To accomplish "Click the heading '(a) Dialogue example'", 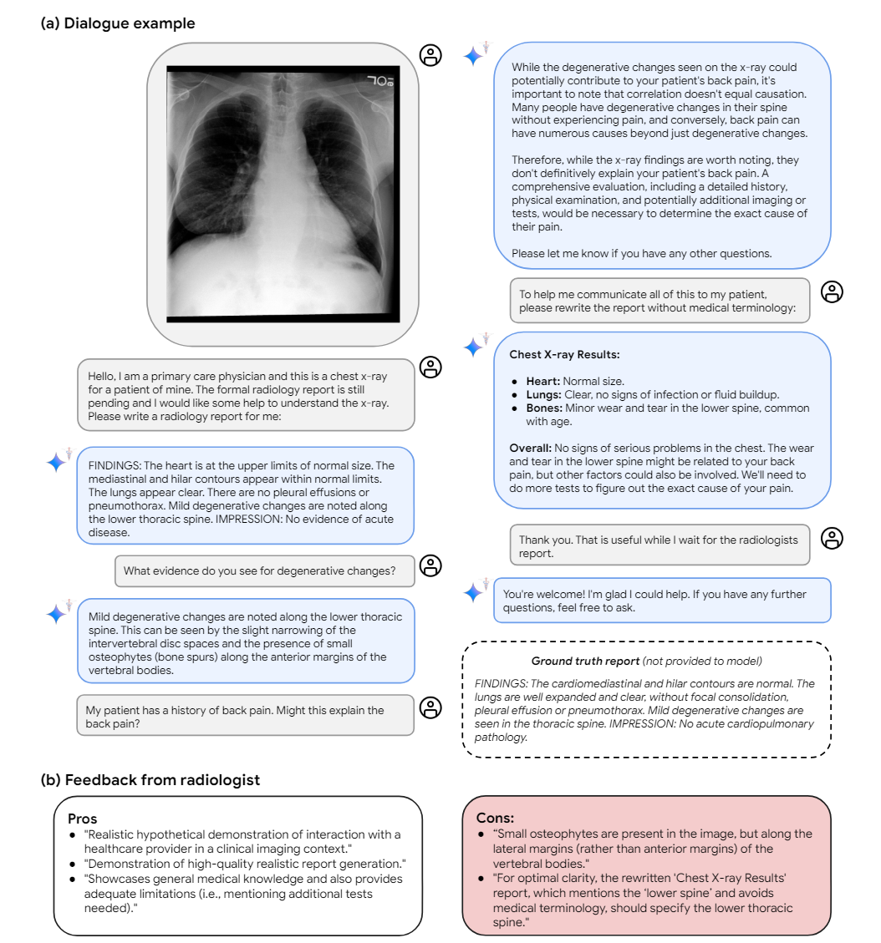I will tap(118, 23).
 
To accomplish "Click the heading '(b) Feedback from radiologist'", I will tap(150, 780).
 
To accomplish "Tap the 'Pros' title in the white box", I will tap(83, 819).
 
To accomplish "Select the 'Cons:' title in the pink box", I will tap(495, 819).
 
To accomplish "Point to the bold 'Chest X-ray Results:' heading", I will tap(564, 354).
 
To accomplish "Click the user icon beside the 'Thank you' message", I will tap(832, 539).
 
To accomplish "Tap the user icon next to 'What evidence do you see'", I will tap(430, 565).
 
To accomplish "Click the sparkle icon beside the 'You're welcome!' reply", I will tap(474, 592).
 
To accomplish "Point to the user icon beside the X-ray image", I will tap(430, 55).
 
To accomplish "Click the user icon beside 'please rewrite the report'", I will tap(832, 292).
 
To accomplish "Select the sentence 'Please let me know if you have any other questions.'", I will tap(642, 253).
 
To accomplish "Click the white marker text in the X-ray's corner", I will tap(379, 82).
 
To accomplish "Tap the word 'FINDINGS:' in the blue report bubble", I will tap(114, 465).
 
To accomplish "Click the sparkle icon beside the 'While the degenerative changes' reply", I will tap(474, 56).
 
